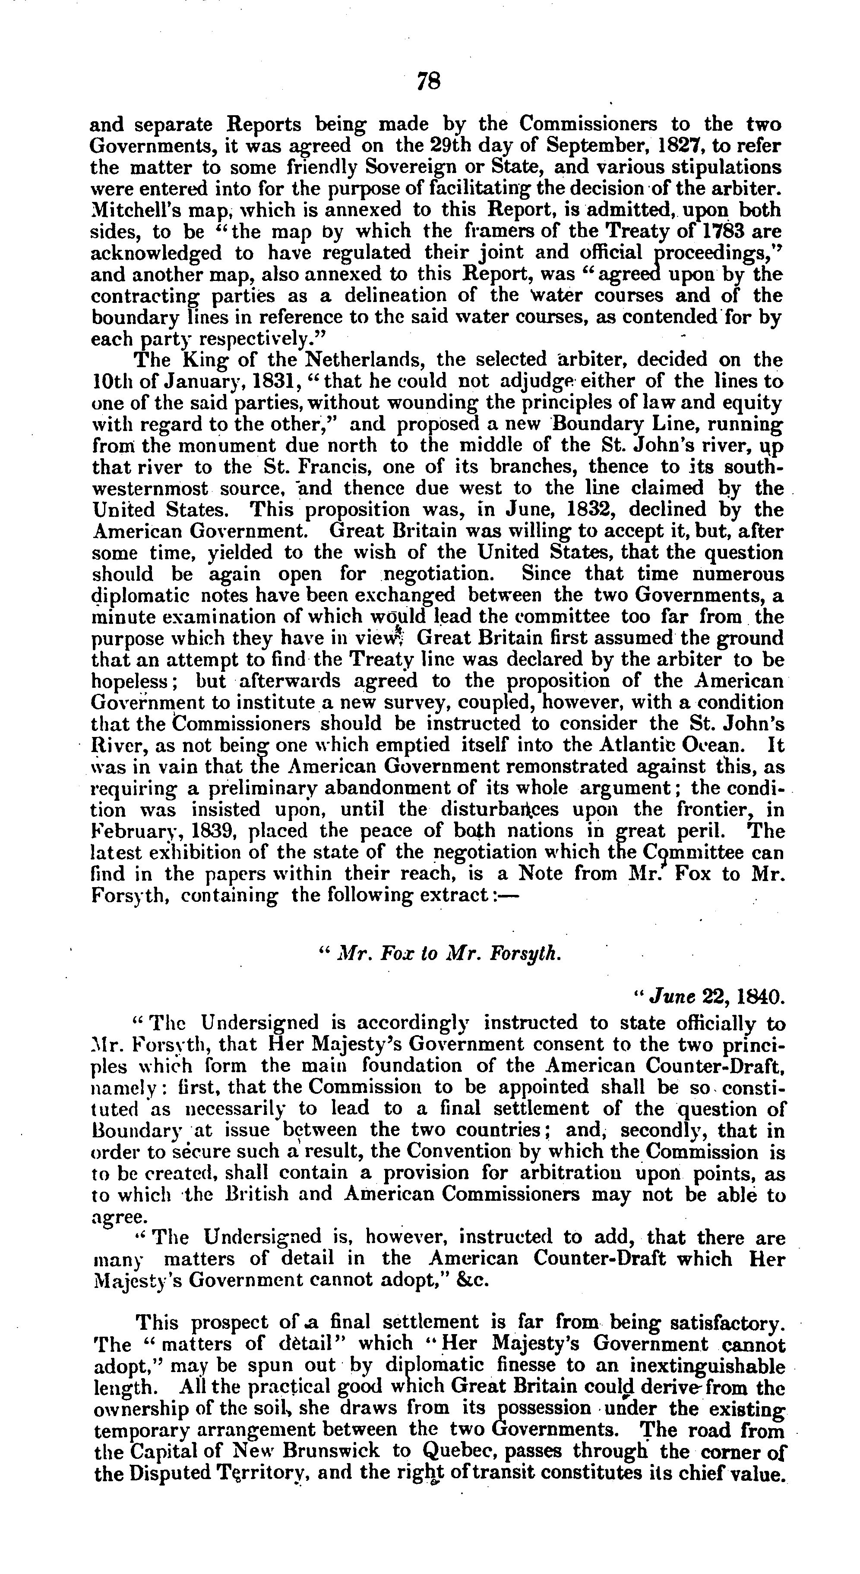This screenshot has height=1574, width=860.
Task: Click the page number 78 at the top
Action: click(x=428, y=81)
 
